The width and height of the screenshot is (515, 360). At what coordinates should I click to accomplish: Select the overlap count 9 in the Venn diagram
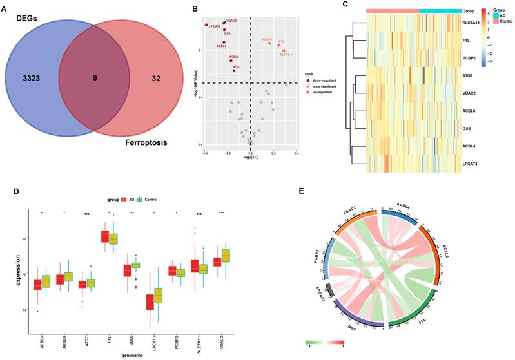pyautogui.click(x=95, y=77)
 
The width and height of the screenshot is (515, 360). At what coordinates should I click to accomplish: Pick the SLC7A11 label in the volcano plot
pyautogui.click(x=287, y=55)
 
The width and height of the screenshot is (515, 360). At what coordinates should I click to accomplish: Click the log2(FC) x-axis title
pyautogui.click(x=250, y=156)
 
